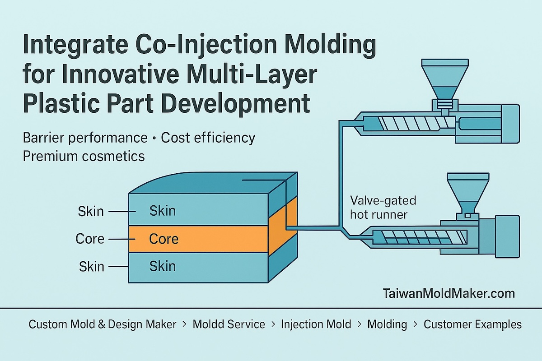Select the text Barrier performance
pos(85,138)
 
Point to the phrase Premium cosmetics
pos(84,156)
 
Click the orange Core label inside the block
pos(164,239)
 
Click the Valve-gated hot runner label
pos(383,208)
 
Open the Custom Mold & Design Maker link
pos(102,324)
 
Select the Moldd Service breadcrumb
pos(229,324)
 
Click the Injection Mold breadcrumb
pos(316,324)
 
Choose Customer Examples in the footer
pos(472,324)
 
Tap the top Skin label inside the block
pos(162,211)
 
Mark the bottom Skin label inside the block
pos(162,266)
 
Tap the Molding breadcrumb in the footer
pos(387,324)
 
